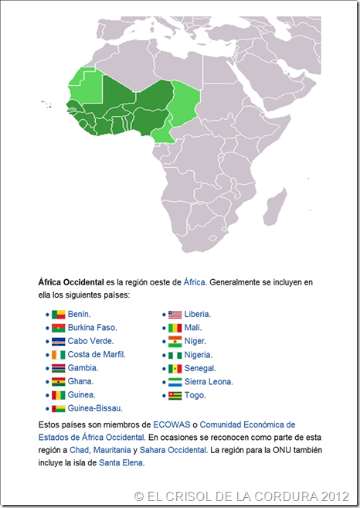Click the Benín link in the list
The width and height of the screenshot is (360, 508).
78,314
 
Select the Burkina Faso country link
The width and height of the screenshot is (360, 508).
91,328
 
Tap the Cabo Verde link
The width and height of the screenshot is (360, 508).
90,341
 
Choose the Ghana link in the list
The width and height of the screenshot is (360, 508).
80,381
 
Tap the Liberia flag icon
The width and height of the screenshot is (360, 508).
175,315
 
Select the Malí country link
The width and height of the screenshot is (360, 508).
193,328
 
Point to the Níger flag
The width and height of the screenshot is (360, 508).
175,341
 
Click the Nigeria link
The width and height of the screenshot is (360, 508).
199,355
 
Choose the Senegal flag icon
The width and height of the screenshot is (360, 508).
175,368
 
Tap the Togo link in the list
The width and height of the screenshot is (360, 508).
195,394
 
